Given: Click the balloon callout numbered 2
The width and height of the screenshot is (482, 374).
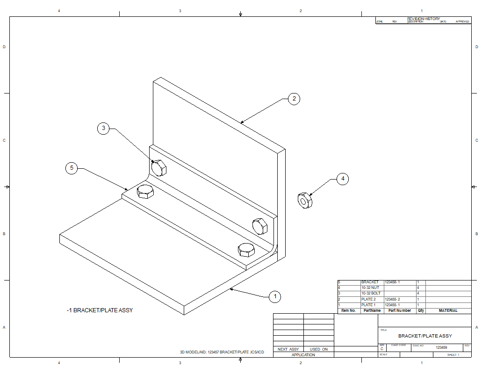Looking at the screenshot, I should pyautogui.click(x=294, y=99).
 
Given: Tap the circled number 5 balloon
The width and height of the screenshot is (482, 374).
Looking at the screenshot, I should pyautogui.click(x=72, y=168).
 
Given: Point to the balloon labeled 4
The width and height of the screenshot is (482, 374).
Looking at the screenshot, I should pyautogui.click(x=343, y=179).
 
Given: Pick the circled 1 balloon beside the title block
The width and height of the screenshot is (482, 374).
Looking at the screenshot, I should pyautogui.click(x=275, y=296).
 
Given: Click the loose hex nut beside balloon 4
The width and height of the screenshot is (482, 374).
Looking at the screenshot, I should pyautogui.click(x=305, y=200).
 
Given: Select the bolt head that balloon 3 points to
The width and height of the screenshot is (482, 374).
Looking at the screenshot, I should pyautogui.click(x=158, y=167).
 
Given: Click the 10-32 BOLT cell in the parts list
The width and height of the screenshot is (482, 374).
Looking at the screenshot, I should pyautogui.click(x=371, y=293).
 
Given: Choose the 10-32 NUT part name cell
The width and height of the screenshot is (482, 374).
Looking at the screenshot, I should pyautogui.click(x=370, y=288).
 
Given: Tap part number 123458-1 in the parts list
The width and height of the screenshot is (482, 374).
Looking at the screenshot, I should pyautogui.click(x=392, y=282).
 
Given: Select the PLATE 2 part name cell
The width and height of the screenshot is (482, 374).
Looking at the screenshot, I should pyautogui.click(x=368, y=299).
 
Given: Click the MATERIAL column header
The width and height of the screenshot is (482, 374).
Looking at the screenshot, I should pyautogui.click(x=448, y=310).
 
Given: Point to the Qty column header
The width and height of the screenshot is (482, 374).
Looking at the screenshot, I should pyautogui.click(x=421, y=310).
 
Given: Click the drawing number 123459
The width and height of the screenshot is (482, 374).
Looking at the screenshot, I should pyautogui.click(x=441, y=347).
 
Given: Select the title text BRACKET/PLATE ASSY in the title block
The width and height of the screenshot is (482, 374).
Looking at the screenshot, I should pyautogui.click(x=425, y=336).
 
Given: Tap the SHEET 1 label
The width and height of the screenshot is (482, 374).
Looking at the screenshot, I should pyautogui.click(x=453, y=355).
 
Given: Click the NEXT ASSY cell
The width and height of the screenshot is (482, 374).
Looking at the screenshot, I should pyautogui.click(x=288, y=349).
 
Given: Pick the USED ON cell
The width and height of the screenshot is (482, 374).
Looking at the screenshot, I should pyautogui.click(x=319, y=349).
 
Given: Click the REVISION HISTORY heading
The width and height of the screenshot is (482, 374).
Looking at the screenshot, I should pyautogui.click(x=424, y=19).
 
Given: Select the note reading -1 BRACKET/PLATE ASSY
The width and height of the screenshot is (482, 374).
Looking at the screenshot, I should pyautogui.click(x=100, y=310).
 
